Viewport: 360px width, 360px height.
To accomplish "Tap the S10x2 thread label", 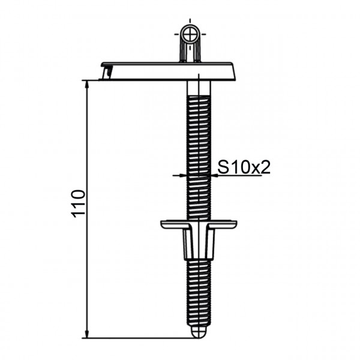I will pyautogui.click(x=244, y=167).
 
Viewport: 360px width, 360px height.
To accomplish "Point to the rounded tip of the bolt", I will pyautogui.click(x=199, y=331).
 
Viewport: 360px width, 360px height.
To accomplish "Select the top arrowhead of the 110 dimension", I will pyautogui.click(x=88, y=84).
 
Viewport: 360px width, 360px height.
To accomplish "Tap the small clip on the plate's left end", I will pyautogui.click(x=107, y=72).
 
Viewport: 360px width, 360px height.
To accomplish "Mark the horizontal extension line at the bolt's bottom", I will pyautogui.click(x=138, y=337).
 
